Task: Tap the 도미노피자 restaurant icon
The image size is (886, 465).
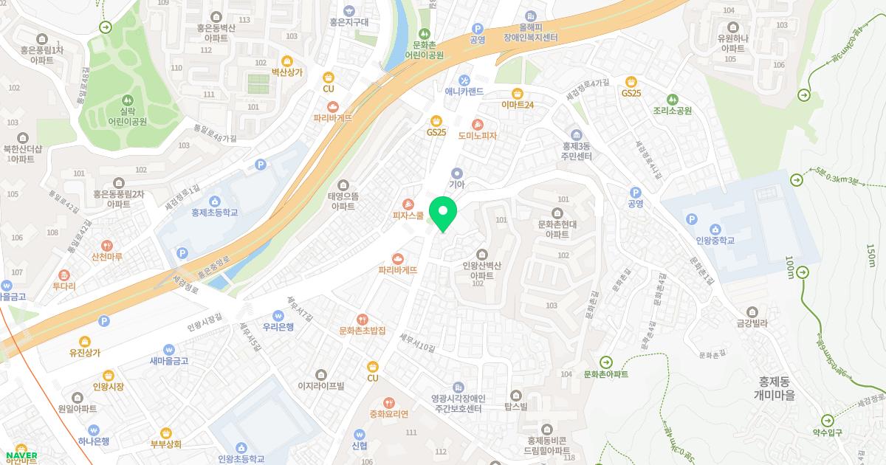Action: point(478,124)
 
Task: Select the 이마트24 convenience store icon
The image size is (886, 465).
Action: point(518,93)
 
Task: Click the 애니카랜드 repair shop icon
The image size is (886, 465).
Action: point(464,80)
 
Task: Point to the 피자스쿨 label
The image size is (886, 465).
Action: point(408,216)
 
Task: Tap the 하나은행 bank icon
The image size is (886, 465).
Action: point(94,430)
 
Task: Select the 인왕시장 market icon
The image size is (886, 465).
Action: point(109,374)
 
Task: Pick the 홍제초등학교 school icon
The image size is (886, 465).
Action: point(214,201)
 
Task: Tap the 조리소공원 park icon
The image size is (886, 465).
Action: point(672,99)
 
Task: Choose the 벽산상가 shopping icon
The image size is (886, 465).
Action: point(287,61)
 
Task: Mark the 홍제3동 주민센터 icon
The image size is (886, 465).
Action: point(577,134)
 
